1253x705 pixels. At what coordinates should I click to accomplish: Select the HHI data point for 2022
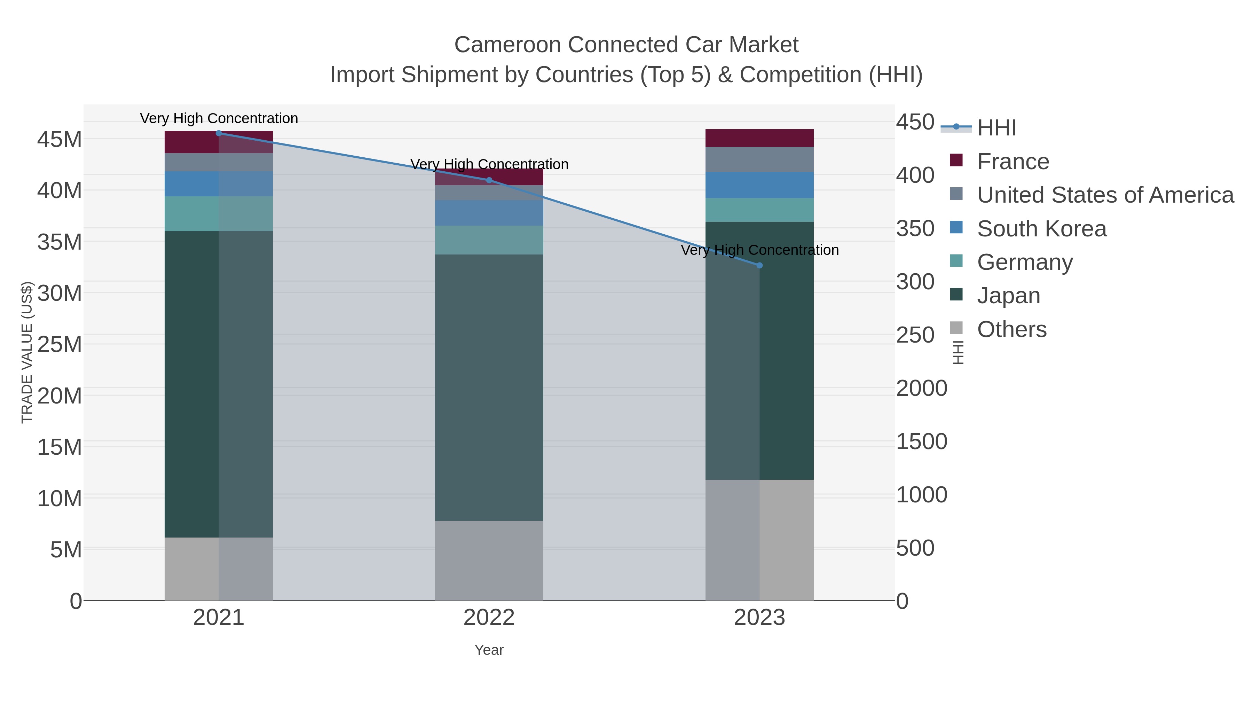[489, 180]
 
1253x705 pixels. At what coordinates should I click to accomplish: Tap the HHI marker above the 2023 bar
[760, 266]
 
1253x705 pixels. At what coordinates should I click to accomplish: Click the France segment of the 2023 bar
[760, 138]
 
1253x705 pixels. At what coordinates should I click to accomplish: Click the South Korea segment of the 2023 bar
[760, 185]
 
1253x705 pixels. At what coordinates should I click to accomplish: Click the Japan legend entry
[1008, 296]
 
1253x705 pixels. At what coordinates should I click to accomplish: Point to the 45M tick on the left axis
[59, 140]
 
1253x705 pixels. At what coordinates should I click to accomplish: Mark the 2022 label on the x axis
[489, 618]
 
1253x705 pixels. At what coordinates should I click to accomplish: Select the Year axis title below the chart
[489, 650]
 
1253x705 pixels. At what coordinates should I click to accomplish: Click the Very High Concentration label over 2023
[760, 250]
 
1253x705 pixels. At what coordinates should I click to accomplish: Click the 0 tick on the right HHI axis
[902, 601]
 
